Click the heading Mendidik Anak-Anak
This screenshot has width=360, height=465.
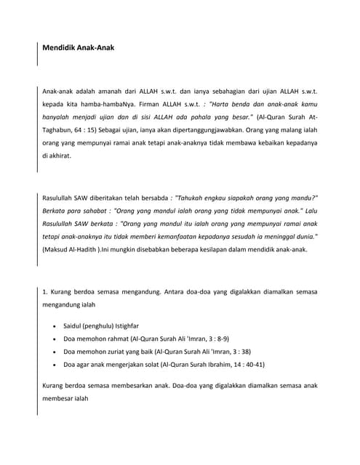[78, 48]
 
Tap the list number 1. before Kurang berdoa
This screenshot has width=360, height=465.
[45, 293]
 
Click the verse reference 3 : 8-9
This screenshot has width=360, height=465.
[218, 339]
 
